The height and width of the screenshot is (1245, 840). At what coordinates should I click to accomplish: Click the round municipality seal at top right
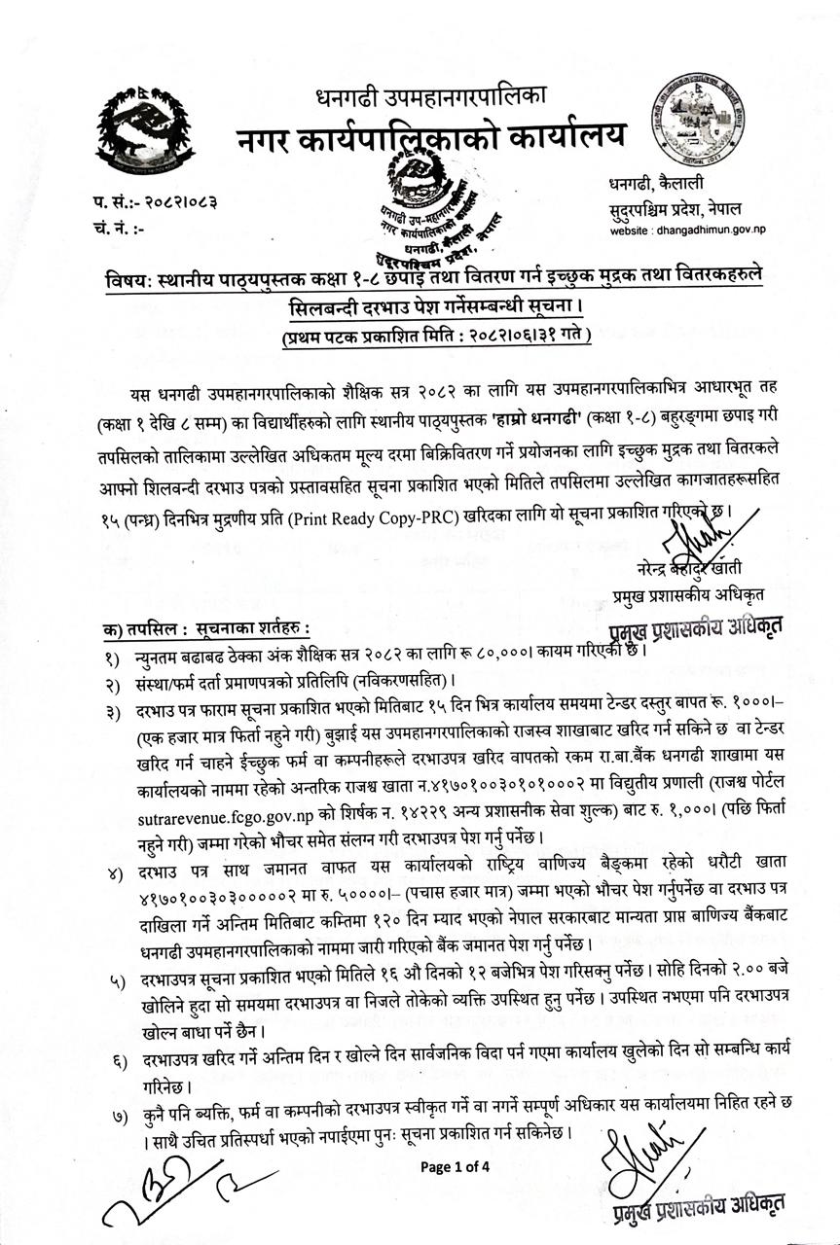click(x=701, y=122)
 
